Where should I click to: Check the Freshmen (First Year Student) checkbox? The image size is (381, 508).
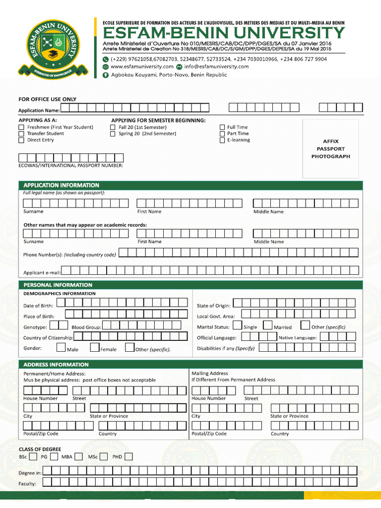pyautogui.click(x=21, y=127)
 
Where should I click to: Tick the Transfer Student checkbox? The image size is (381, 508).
pyautogui.click(x=21, y=134)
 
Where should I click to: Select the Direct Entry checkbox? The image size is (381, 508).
pyautogui.click(x=21, y=140)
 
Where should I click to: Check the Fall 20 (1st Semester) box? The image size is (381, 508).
pyautogui.click(x=113, y=127)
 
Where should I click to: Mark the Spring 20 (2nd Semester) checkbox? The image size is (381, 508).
pyautogui.click(x=113, y=134)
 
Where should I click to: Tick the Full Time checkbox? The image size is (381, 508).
pyautogui.click(x=222, y=127)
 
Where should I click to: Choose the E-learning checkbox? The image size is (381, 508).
pyautogui.click(x=222, y=140)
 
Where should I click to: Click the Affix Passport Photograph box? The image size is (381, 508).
pyautogui.click(x=330, y=149)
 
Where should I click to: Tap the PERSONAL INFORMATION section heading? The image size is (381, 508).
pyautogui.click(x=58, y=285)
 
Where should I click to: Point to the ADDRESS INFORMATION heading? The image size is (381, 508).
pyautogui.click(x=56, y=365)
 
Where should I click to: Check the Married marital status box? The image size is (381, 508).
pyautogui.click(x=268, y=325)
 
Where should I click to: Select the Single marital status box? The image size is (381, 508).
pyautogui.click(x=238, y=325)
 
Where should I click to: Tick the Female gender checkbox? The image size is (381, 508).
pyautogui.click(x=95, y=347)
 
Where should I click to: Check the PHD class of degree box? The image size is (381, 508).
pyautogui.click(x=128, y=456)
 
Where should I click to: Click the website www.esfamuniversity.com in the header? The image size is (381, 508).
pyautogui.click(x=142, y=66)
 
